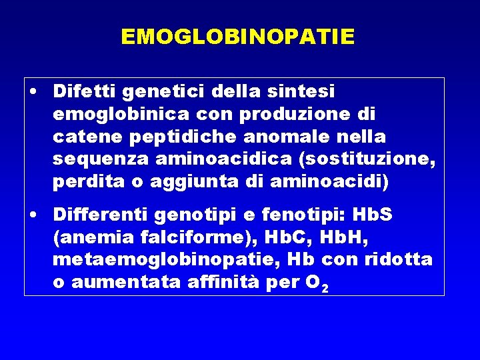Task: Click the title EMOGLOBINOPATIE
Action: pyautogui.click(x=237, y=36)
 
